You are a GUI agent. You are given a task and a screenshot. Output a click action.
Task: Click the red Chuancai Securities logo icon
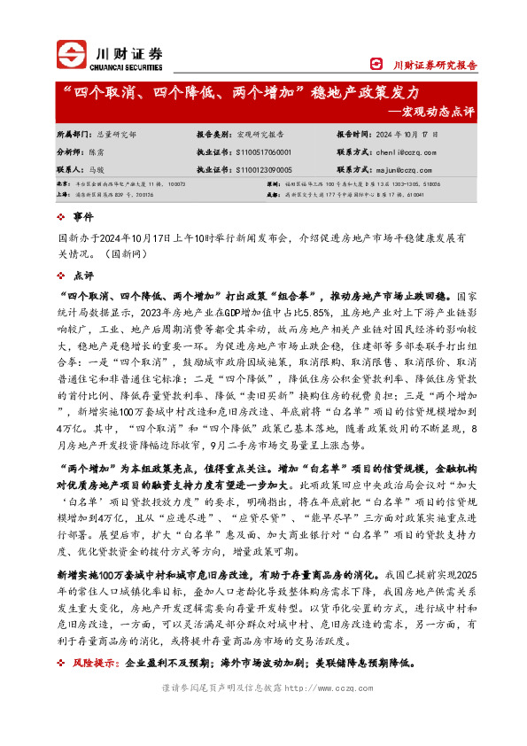[x=70, y=54]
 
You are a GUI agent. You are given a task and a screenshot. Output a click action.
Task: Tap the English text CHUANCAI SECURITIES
[x=126, y=66]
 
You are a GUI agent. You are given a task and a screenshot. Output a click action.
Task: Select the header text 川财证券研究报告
[x=435, y=65]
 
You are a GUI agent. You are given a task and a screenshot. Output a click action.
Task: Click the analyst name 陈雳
[x=102, y=152]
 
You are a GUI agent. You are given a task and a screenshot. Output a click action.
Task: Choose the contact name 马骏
[x=102, y=168]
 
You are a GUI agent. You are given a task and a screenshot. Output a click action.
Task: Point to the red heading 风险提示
[x=97, y=662]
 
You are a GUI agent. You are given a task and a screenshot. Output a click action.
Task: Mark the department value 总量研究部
[x=115, y=135]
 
